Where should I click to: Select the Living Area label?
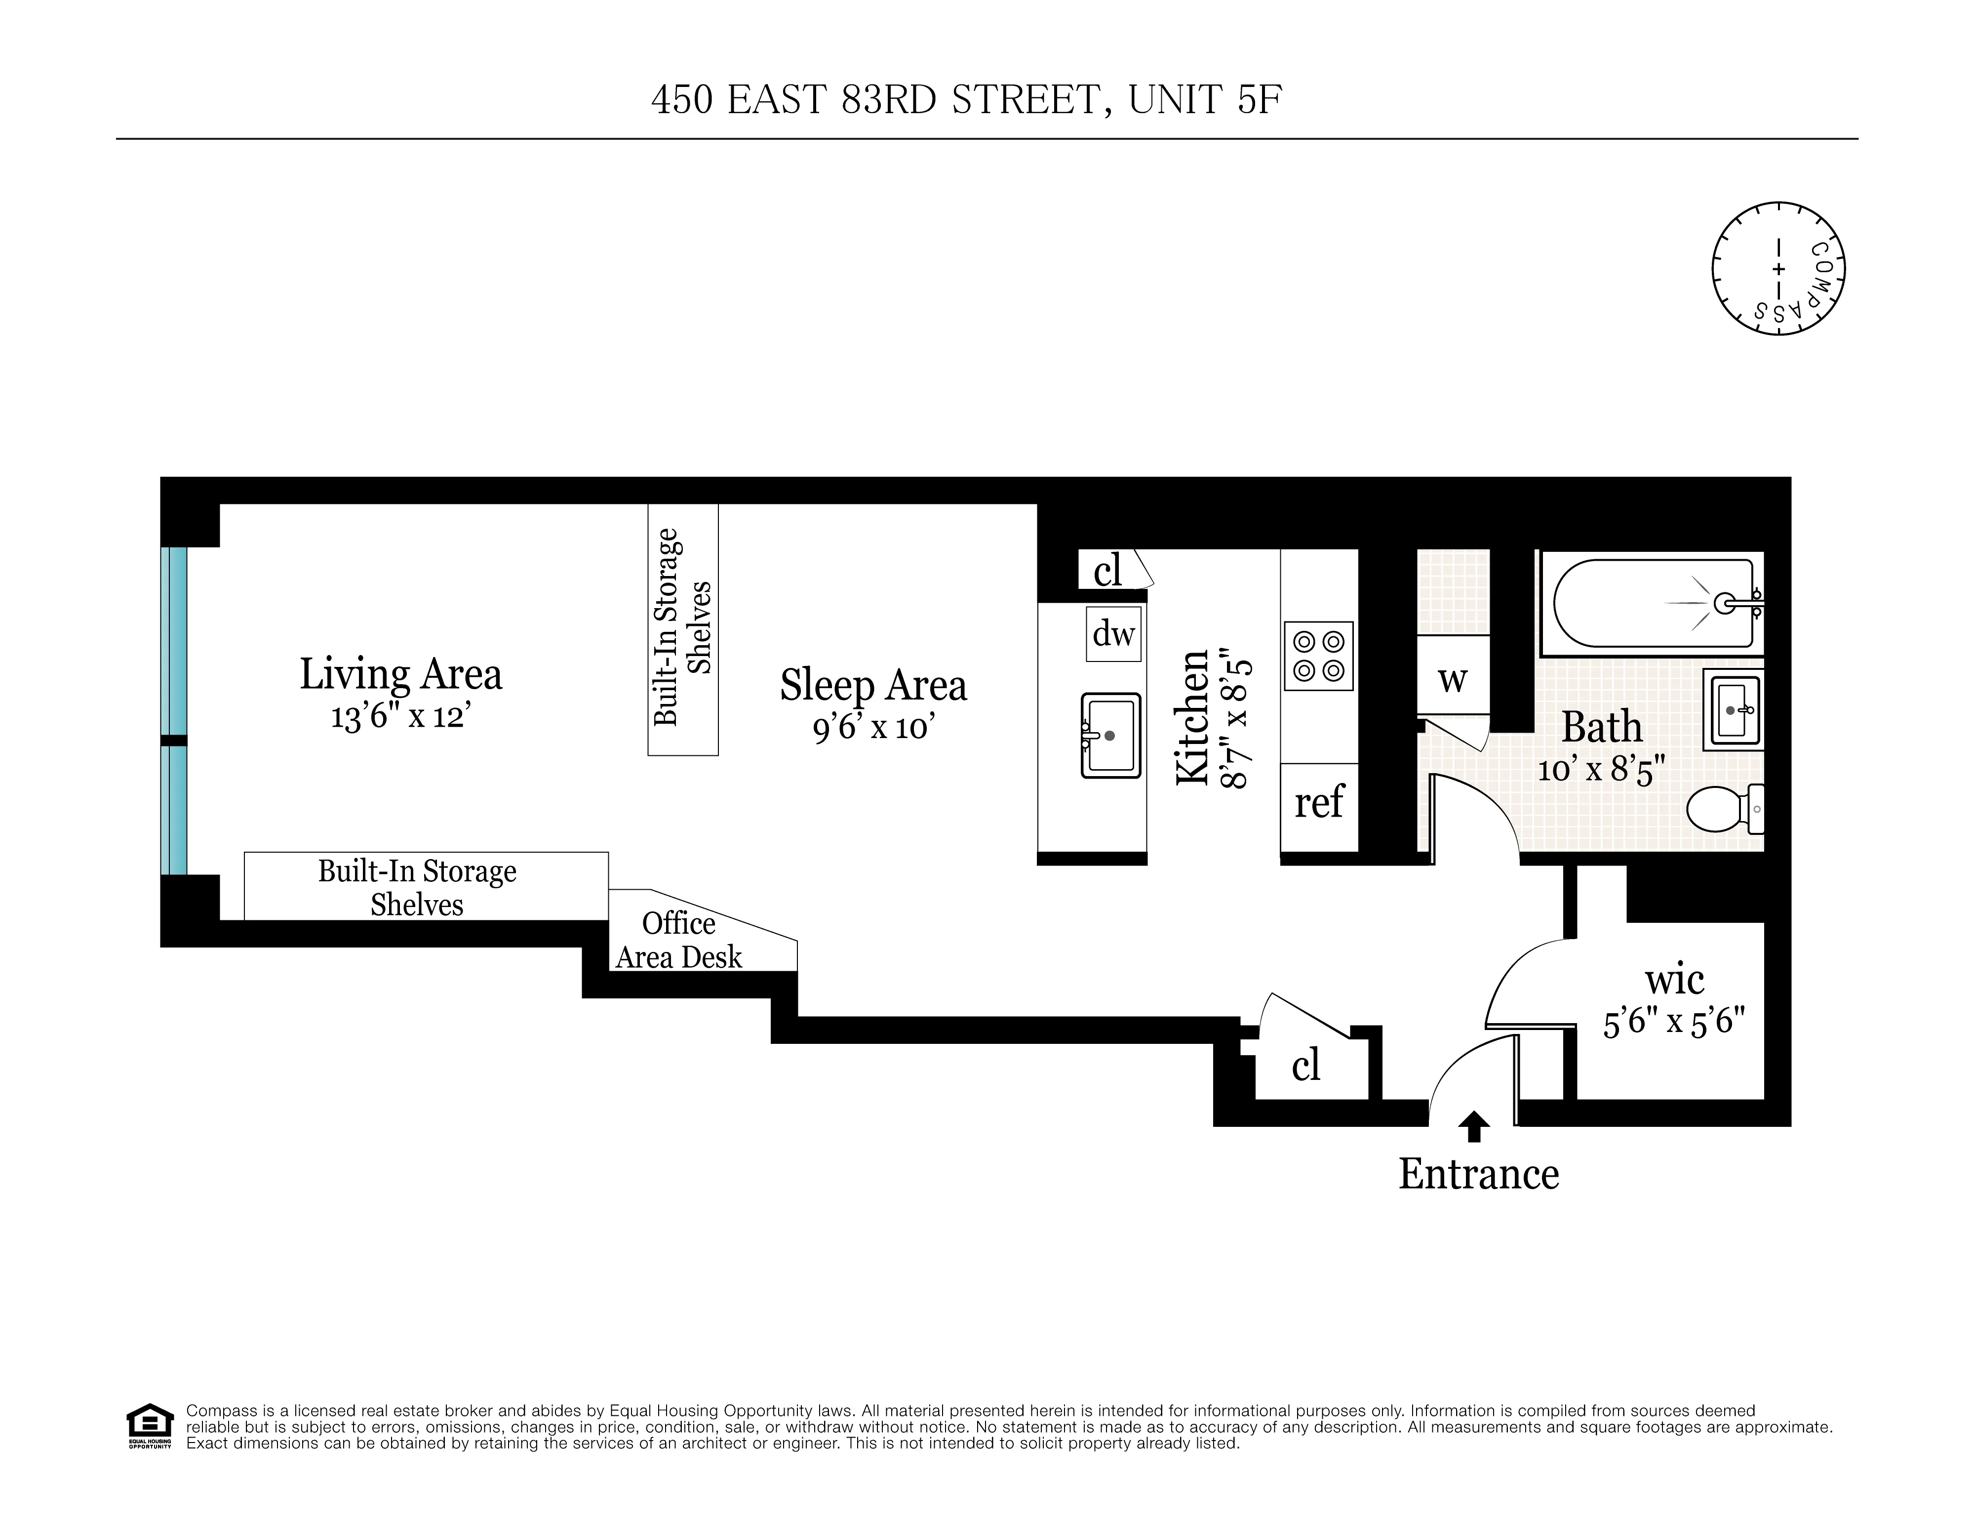(400, 674)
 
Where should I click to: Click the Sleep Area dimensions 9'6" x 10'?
(872, 727)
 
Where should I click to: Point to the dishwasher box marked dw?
(1112, 634)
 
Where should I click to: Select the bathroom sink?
(1733, 710)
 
